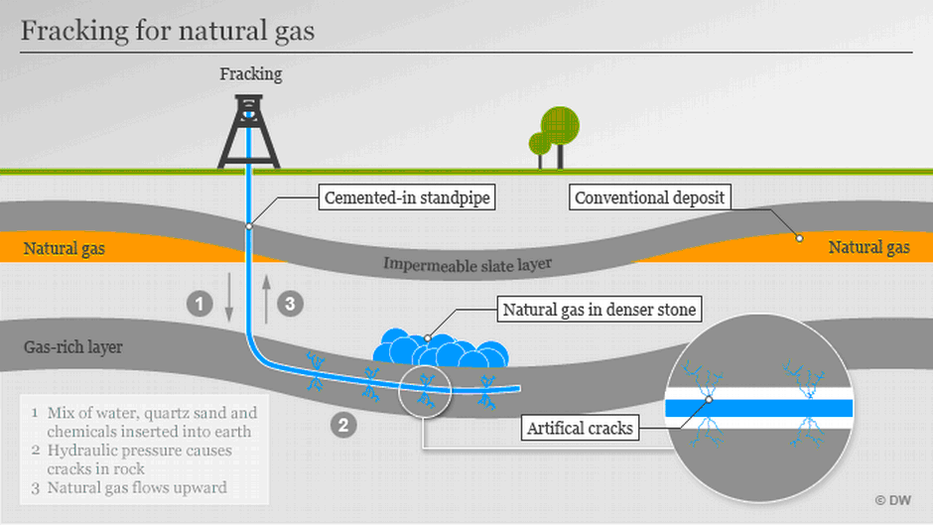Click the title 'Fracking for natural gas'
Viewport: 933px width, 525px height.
(168, 31)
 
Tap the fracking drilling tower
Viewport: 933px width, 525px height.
(248, 129)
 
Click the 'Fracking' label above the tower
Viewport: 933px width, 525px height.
(250, 73)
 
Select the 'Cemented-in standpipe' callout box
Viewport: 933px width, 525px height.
(407, 198)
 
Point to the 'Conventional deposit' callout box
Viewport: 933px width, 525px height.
(651, 197)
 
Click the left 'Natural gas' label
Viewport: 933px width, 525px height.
(65, 248)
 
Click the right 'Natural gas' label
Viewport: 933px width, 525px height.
(868, 248)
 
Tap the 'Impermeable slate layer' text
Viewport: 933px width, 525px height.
(466, 263)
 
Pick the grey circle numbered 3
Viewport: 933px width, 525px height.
(289, 304)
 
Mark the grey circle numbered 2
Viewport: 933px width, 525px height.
(343, 426)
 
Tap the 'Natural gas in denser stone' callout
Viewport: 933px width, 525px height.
(599, 311)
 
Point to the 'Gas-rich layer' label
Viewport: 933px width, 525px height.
(73, 348)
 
